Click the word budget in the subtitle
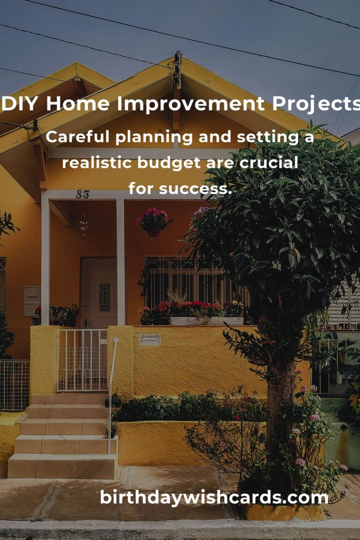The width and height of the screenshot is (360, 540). tap(169, 163)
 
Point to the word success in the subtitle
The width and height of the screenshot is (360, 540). tap(195, 188)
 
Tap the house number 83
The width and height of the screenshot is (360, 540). tap(82, 195)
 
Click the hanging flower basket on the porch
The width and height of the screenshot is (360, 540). tap(154, 222)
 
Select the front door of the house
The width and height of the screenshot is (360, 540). tap(99, 293)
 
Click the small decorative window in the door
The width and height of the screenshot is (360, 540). tap(105, 297)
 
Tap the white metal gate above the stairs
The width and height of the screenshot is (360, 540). tap(82, 360)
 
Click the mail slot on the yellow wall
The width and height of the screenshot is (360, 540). tap(150, 339)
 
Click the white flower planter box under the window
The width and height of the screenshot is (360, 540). tap(207, 321)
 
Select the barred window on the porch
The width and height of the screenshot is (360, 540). tap(193, 281)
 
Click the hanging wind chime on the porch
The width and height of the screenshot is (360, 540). tap(83, 225)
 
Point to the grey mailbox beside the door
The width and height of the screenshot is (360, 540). tap(32, 300)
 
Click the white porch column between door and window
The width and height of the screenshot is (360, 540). tap(120, 262)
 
